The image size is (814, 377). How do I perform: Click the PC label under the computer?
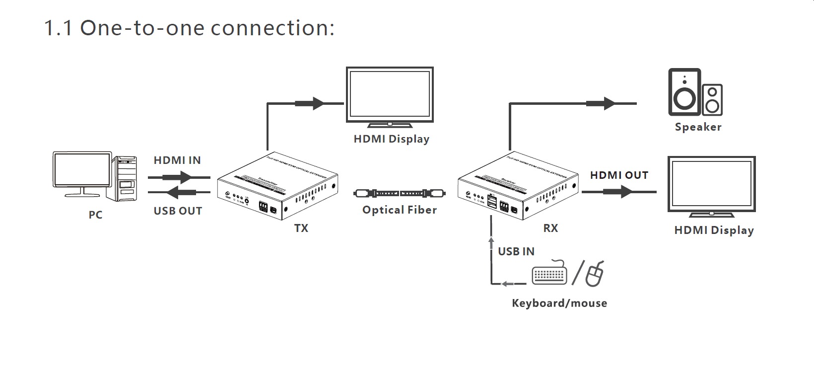95,215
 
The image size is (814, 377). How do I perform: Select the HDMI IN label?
177,160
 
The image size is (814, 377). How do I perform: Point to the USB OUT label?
178,211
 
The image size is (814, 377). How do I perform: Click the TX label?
301,228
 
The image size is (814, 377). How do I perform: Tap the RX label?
550,228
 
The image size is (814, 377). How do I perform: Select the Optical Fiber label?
400,210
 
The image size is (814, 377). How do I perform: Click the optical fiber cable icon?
400,193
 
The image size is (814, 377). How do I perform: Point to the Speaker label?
698,127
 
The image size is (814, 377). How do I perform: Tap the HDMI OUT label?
619,175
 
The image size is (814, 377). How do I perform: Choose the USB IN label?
516,252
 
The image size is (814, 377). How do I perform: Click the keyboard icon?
549,274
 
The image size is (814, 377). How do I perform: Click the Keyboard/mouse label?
559,303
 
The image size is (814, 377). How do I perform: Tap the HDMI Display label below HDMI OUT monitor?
714,230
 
